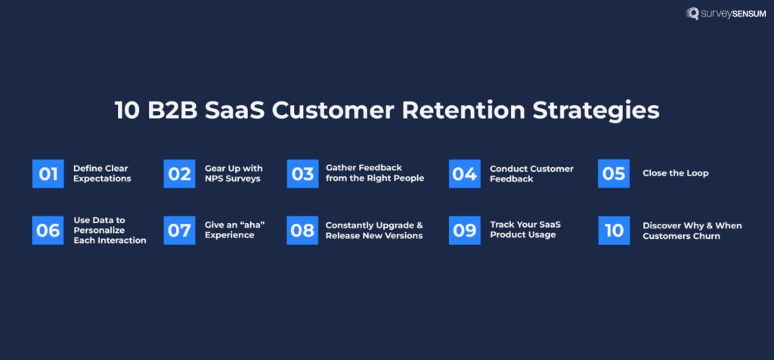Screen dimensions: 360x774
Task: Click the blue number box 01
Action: (x=48, y=173)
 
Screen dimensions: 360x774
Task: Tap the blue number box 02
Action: (x=179, y=173)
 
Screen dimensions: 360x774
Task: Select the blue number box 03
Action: (x=302, y=173)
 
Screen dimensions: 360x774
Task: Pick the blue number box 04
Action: (x=464, y=173)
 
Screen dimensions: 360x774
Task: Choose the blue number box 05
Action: (x=614, y=173)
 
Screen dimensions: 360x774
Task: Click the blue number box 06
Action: (x=48, y=230)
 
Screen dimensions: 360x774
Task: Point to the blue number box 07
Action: (x=179, y=230)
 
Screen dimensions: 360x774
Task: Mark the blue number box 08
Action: (x=302, y=230)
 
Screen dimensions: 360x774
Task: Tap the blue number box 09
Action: (x=464, y=230)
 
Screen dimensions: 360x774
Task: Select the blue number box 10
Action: (x=614, y=230)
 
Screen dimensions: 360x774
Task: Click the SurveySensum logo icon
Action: (x=691, y=14)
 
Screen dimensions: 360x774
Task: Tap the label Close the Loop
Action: (x=675, y=173)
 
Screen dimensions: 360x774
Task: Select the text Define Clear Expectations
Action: (x=102, y=173)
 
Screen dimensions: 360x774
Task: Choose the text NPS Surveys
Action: (x=232, y=178)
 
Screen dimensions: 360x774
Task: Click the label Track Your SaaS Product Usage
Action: (x=525, y=230)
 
